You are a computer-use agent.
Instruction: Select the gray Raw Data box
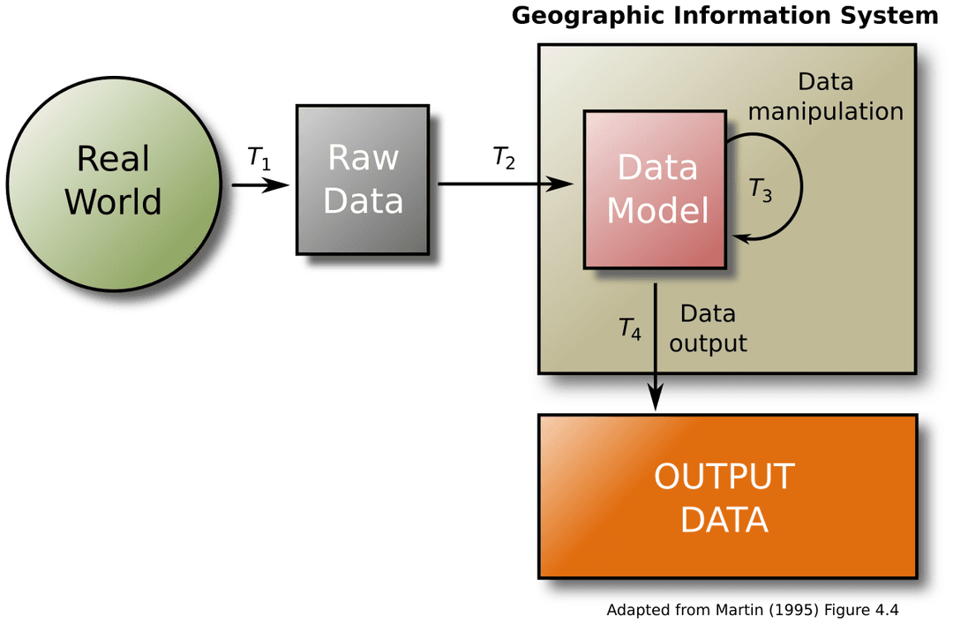(x=363, y=180)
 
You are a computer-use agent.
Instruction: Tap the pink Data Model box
(x=657, y=189)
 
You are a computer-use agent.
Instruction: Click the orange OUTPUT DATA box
(x=727, y=496)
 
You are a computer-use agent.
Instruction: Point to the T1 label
(x=259, y=159)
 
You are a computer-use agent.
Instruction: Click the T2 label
(x=504, y=159)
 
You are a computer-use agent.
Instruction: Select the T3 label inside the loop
(x=760, y=190)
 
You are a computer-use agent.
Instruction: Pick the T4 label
(x=629, y=329)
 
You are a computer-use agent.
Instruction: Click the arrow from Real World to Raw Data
(x=261, y=185)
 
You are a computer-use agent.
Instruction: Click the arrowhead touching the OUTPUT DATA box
(x=655, y=400)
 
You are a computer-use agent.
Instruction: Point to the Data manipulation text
(x=825, y=97)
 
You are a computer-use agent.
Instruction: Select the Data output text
(x=708, y=328)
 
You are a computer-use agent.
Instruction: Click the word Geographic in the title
(x=583, y=16)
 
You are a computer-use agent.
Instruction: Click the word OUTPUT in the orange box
(x=724, y=477)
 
